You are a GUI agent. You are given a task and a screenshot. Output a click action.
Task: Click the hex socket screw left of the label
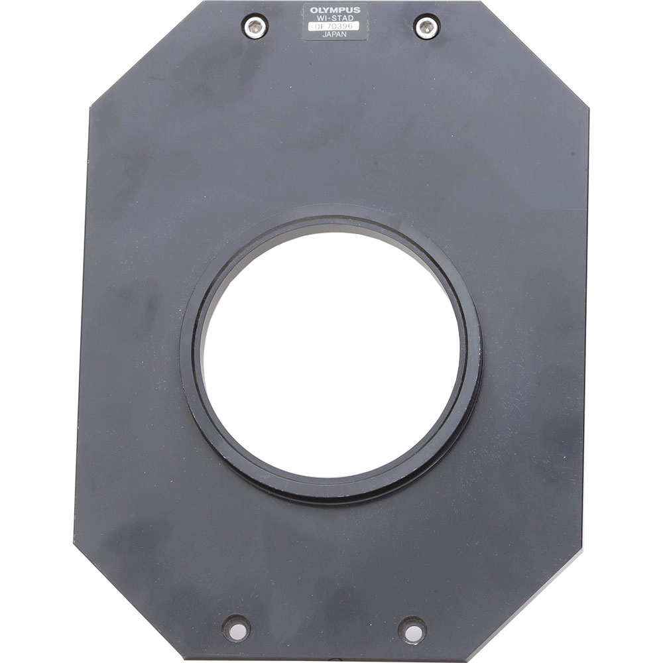(x=255, y=27)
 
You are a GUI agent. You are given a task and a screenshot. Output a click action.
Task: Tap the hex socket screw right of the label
(x=426, y=27)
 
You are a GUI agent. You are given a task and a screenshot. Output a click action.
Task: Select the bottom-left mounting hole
(x=236, y=627)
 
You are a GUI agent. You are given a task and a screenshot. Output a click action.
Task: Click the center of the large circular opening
(x=331, y=355)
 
